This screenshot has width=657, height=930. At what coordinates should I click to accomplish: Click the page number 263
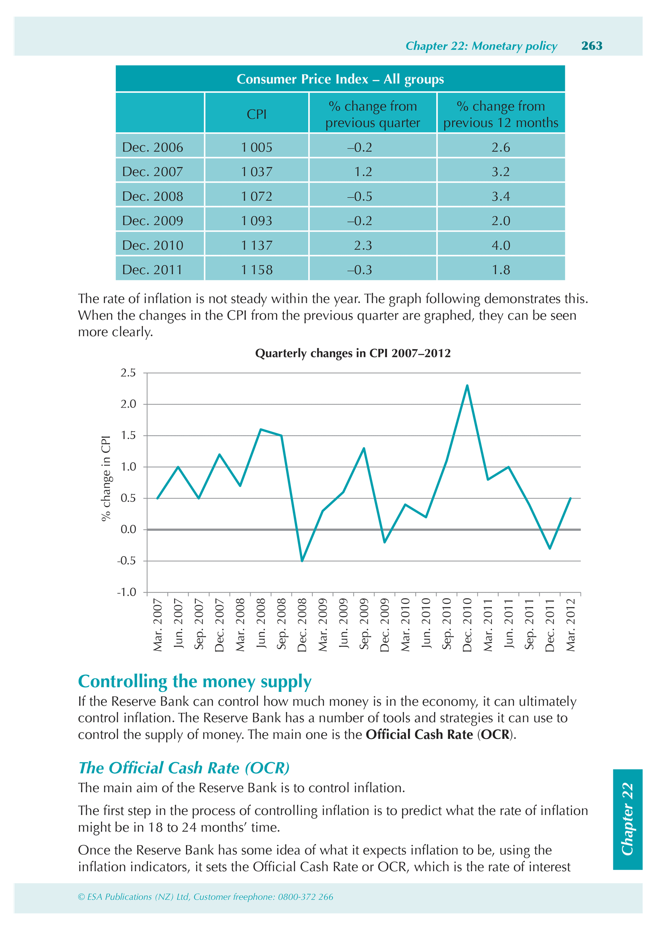(592, 46)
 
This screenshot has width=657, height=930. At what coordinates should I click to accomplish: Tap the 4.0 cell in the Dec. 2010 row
(501, 246)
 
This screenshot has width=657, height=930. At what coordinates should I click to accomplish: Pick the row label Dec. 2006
(153, 148)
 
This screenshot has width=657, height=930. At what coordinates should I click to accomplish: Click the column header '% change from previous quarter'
(373, 114)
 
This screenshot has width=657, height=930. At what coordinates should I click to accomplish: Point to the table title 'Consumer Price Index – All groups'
(340, 79)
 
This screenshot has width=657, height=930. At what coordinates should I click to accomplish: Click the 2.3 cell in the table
(363, 246)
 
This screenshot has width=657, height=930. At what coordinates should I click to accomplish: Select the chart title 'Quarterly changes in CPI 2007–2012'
(352, 353)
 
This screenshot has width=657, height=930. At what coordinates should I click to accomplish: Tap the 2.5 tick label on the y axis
(128, 373)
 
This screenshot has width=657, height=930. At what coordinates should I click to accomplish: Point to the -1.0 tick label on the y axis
(126, 592)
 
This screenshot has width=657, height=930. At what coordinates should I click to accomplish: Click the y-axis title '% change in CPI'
(106, 479)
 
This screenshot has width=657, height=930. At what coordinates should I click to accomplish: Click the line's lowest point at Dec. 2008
(302, 561)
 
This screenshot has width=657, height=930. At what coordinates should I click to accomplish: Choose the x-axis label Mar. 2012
(570, 625)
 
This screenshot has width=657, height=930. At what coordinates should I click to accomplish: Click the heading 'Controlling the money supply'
(194, 682)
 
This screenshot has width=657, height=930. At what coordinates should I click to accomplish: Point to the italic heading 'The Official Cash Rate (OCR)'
(184, 768)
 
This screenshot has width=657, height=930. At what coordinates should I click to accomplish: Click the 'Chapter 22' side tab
(627, 819)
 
